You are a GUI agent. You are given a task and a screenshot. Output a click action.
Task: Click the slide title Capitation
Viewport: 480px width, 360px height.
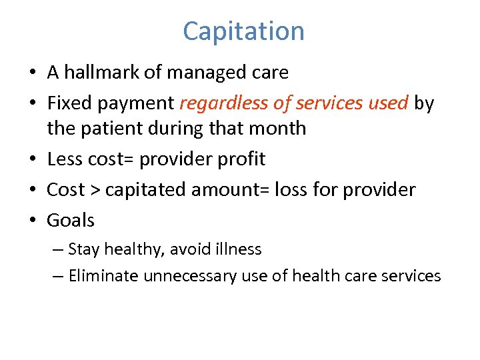(243, 31)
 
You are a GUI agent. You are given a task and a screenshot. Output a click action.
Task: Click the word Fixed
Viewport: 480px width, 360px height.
(69, 103)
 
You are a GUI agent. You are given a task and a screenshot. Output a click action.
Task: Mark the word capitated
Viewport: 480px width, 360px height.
(146, 190)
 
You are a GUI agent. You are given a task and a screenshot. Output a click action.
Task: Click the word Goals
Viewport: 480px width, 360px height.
(71, 220)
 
